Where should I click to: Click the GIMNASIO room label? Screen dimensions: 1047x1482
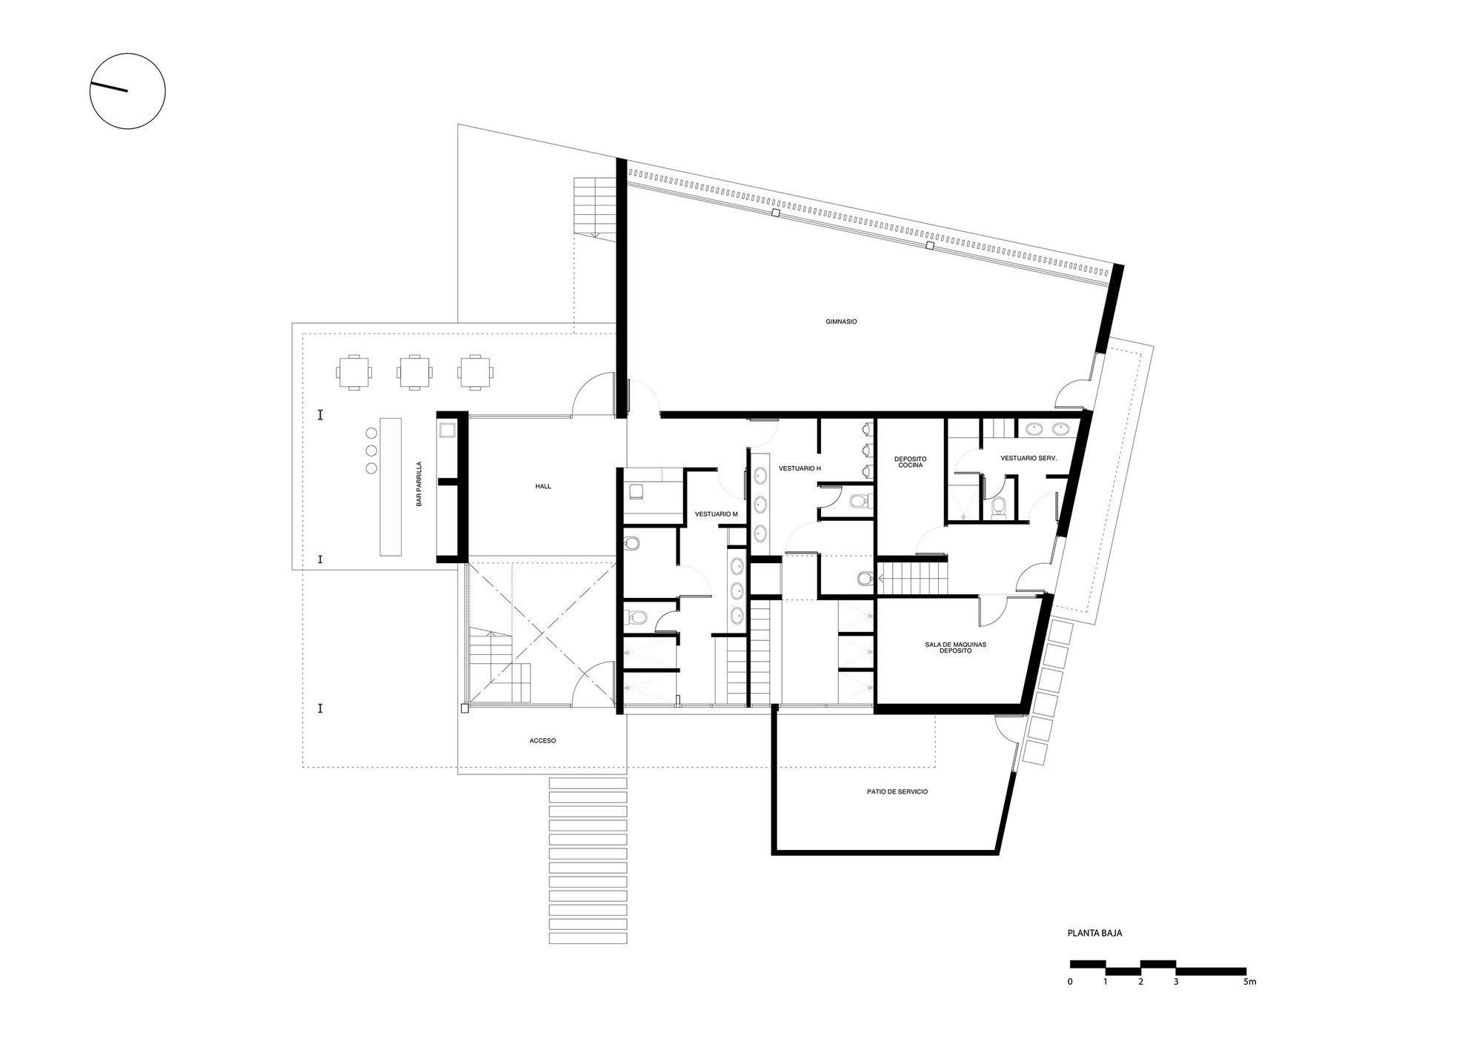point(841,322)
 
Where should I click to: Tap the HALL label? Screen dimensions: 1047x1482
point(543,487)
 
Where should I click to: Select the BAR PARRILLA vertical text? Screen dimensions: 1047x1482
point(419,484)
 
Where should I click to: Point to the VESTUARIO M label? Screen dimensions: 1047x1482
point(716,513)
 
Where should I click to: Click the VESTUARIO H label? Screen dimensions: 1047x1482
point(799,468)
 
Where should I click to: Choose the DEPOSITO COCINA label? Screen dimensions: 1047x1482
point(910,462)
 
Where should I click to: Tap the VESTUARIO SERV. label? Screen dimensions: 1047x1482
point(1028,459)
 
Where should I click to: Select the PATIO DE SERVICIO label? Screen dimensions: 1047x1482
point(897,792)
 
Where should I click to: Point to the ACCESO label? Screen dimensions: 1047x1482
point(542,740)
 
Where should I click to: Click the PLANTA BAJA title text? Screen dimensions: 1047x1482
point(1094,933)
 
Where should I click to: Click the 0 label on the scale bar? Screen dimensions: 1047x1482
point(1070,983)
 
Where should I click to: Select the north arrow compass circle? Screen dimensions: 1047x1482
point(127,91)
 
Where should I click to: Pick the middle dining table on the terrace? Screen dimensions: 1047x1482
point(413,372)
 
